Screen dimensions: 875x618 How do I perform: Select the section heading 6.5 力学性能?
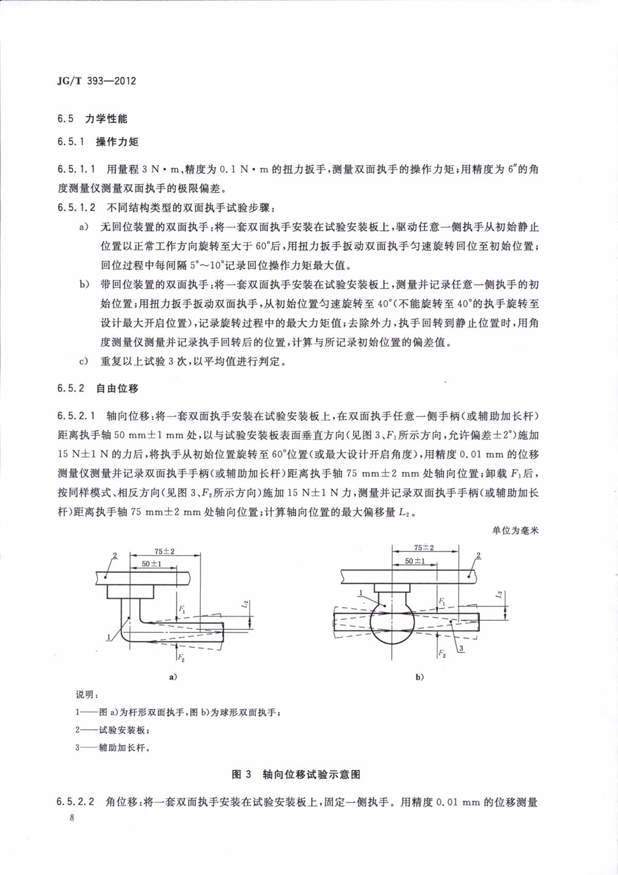click(93, 118)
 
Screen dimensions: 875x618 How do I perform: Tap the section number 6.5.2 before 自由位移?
click(71, 388)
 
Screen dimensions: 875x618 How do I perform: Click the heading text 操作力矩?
click(117, 142)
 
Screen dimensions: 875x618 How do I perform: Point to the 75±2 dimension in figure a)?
click(165, 552)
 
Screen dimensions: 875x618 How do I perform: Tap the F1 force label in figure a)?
click(182, 610)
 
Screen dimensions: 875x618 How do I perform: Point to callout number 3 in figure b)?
click(461, 648)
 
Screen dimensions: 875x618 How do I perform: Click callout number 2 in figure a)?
click(115, 555)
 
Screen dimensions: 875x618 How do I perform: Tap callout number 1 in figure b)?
click(363, 593)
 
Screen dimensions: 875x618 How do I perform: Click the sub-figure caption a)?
click(173, 677)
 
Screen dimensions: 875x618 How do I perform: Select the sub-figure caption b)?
click(419, 677)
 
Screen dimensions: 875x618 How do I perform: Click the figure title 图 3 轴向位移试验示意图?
click(296, 775)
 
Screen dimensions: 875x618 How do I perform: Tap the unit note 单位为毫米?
click(515, 530)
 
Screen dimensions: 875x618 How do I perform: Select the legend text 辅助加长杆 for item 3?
click(125, 747)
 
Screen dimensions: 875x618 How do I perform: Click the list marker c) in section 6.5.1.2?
click(83, 362)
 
